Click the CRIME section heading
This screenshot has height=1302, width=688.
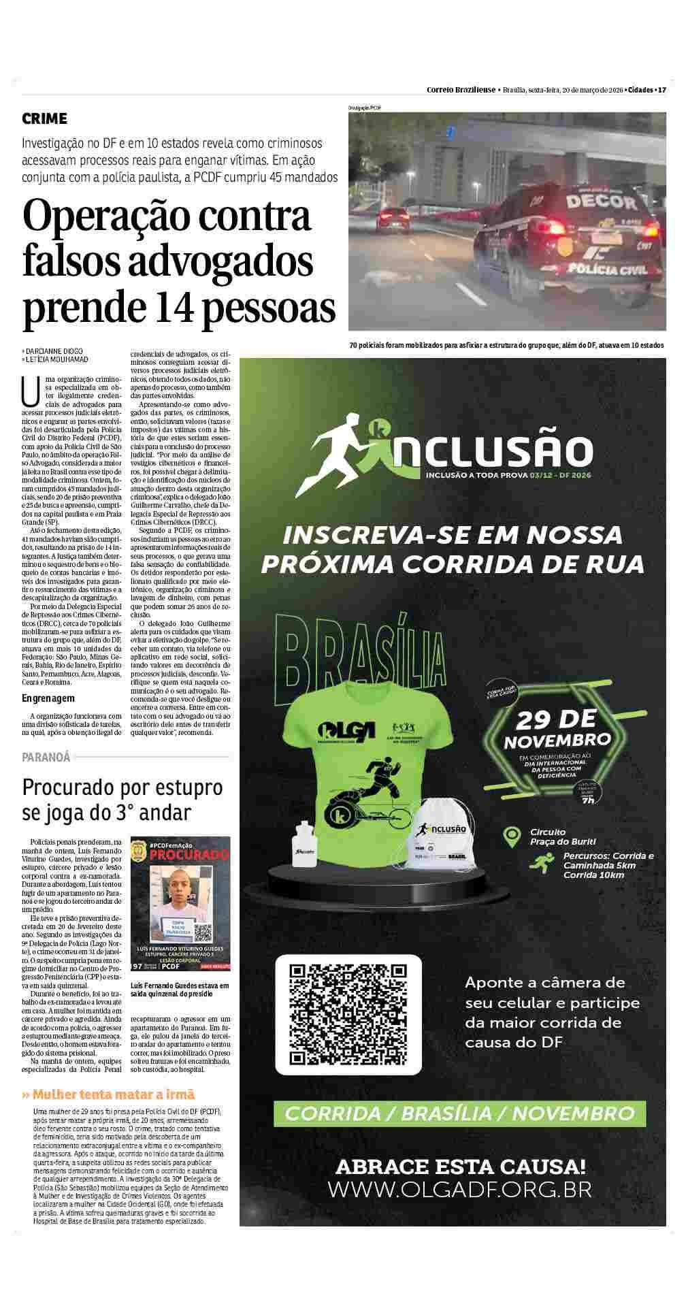point(45,119)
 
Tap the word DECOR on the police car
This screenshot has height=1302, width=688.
point(592,202)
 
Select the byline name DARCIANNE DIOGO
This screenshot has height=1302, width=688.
point(54,351)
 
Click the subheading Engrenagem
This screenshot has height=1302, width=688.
point(48,698)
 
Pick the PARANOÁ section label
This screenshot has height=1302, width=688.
point(46,757)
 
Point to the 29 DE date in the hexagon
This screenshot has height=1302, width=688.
point(556,719)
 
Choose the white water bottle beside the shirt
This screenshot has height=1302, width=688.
point(304,845)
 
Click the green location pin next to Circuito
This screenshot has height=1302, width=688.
point(512,836)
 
